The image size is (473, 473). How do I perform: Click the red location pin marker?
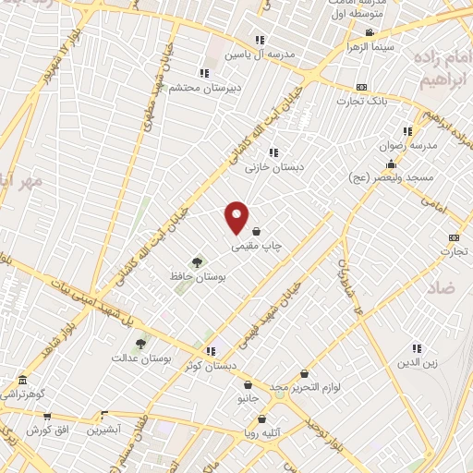coord(237,218)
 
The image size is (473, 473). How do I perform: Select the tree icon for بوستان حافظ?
coord(195,262)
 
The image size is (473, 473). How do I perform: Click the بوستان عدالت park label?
coord(136,358)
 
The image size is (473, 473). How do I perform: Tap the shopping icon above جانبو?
coord(248,385)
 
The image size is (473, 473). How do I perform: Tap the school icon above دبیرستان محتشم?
coord(203,73)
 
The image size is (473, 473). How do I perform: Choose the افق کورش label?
coord(43,430)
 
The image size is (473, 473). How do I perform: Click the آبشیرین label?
coord(104,430)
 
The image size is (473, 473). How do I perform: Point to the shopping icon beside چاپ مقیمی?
coord(256,232)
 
